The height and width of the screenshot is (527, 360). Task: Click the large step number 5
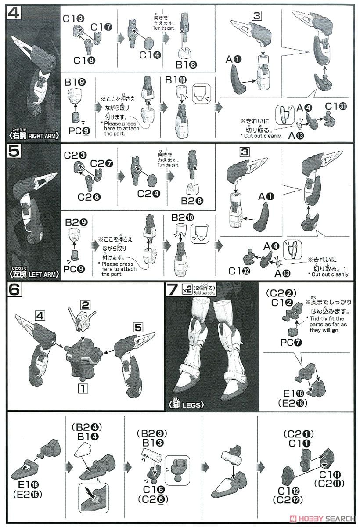(14, 153)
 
